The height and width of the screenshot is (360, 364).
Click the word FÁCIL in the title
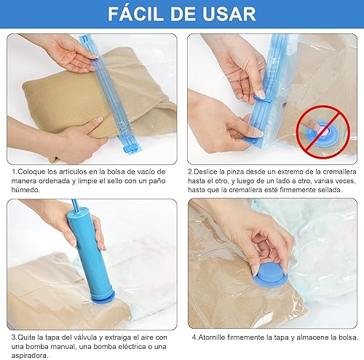135,14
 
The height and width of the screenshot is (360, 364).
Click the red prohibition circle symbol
323,132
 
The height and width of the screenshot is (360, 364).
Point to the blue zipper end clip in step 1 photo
130,148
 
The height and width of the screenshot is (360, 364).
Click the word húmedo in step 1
25,190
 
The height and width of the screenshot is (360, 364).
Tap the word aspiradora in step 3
30,356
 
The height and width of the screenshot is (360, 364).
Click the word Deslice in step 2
206,172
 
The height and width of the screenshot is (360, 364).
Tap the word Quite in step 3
27,337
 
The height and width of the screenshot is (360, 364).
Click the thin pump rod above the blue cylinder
74,205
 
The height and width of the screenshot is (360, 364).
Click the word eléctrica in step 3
132,346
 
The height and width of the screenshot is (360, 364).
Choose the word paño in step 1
157,181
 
